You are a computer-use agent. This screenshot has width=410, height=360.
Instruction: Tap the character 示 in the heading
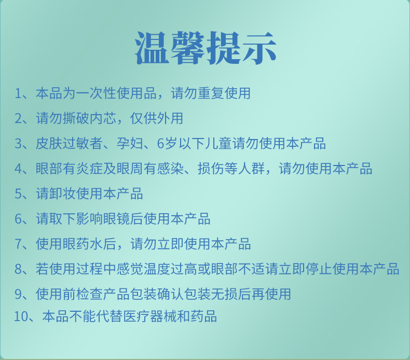coord(259,48)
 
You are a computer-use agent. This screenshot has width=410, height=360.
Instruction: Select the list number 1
coord(18,93)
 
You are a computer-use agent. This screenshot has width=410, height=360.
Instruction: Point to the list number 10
coord(20,316)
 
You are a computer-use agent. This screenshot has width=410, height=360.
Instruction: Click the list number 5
coord(18,193)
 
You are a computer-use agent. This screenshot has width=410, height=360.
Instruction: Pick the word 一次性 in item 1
coord(97,93)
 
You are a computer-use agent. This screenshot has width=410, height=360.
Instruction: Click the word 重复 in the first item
coord(211,93)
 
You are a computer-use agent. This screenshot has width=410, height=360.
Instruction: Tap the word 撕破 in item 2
coord(76,118)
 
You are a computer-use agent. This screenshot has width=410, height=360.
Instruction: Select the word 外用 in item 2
coord(170,118)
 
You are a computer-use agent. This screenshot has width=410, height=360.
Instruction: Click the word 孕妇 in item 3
coord(130,143)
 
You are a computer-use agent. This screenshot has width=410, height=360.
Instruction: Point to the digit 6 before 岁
coord(160,144)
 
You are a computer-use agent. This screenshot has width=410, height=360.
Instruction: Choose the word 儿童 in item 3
coord(218,143)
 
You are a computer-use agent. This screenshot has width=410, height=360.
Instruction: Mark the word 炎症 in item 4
coord(90,169)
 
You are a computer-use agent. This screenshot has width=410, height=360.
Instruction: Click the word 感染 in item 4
coord(170,169)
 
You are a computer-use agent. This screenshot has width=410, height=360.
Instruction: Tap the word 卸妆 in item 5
coord(63,193)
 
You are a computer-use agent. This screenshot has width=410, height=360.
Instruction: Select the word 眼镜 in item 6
coord(117,218)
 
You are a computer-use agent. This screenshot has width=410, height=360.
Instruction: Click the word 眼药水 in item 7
coord(83,244)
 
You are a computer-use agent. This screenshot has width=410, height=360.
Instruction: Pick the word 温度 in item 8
coord(157,269)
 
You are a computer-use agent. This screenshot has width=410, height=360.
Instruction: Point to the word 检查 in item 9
coord(90,294)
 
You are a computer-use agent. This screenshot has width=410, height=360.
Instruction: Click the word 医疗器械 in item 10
coord(150,316)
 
